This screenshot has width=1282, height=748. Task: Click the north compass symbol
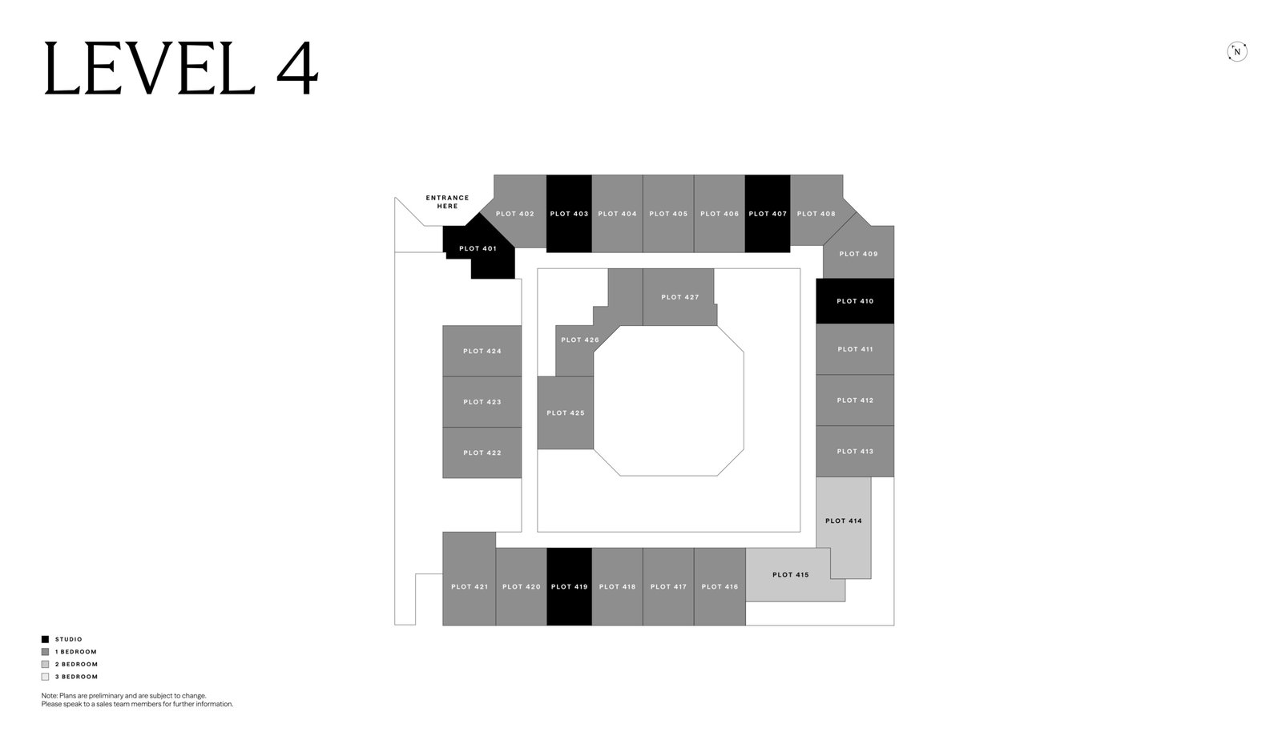click(1237, 51)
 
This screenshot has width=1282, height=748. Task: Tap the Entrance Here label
click(447, 202)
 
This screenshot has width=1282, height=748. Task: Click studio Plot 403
click(569, 213)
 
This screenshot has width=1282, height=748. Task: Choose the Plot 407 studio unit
click(768, 213)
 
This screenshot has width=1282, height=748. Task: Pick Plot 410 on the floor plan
click(855, 301)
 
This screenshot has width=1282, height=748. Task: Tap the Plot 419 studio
click(569, 586)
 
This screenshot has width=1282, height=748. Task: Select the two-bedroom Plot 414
click(844, 521)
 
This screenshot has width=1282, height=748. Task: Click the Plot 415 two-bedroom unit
click(790, 574)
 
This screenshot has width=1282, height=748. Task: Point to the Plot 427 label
click(680, 297)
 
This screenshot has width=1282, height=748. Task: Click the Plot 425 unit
click(566, 412)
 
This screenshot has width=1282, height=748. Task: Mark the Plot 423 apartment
click(482, 401)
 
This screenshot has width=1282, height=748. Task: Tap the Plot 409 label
click(858, 253)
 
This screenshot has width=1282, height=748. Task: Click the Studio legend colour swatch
click(45, 639)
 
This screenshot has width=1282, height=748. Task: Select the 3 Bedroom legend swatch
click(45, 677)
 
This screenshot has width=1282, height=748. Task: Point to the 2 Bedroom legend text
click(77, 664)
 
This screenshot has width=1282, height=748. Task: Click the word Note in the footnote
click(49, 695)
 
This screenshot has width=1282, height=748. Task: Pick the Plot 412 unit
click(855, 400)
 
